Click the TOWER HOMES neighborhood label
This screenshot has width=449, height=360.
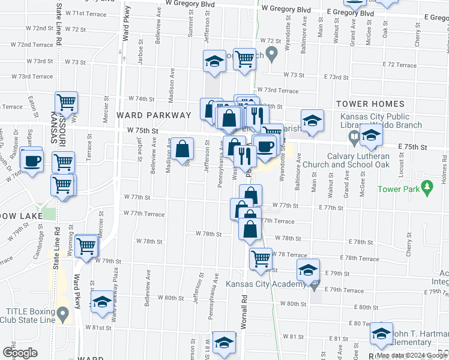pos(367,104)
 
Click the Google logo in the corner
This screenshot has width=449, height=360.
pos(20,353)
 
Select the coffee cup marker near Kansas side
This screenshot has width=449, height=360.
pos(32,160)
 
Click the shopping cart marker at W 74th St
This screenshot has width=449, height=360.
pos(66,102)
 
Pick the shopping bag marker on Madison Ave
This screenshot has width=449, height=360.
pos(183,149)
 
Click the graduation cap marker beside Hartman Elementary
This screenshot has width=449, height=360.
pos(381,333)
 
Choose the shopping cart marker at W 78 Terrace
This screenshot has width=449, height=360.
pos(261,259)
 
